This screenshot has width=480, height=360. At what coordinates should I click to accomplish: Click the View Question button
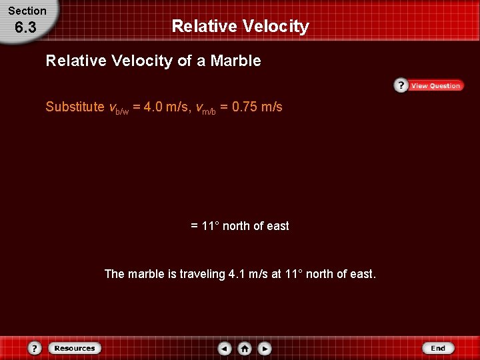pyautogui.click(x=435, y=86)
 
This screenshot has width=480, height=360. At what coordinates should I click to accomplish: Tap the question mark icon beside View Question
pyautogui.click(x=401, y=85)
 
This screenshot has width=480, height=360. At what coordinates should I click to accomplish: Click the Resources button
pyautogui.click(x=74, y=348)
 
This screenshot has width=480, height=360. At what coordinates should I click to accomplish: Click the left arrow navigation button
pyautogui.click(x=225, y=348)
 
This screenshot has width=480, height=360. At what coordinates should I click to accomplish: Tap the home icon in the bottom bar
pyautogui.click(x=245, y=348)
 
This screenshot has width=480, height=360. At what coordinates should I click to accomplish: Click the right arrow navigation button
pyautogui.click(x=265, y=348)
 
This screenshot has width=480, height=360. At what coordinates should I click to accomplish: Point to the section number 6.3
pyautogui.click(x=26, y=28)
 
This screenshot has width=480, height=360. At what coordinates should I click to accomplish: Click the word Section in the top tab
pyautogui.click(x=27, y=11)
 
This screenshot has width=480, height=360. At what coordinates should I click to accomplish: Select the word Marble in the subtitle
pyautogui.click(x=235, y=61)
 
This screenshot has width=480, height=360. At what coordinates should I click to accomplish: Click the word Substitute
pyautogui.click(x=75, y=107)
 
